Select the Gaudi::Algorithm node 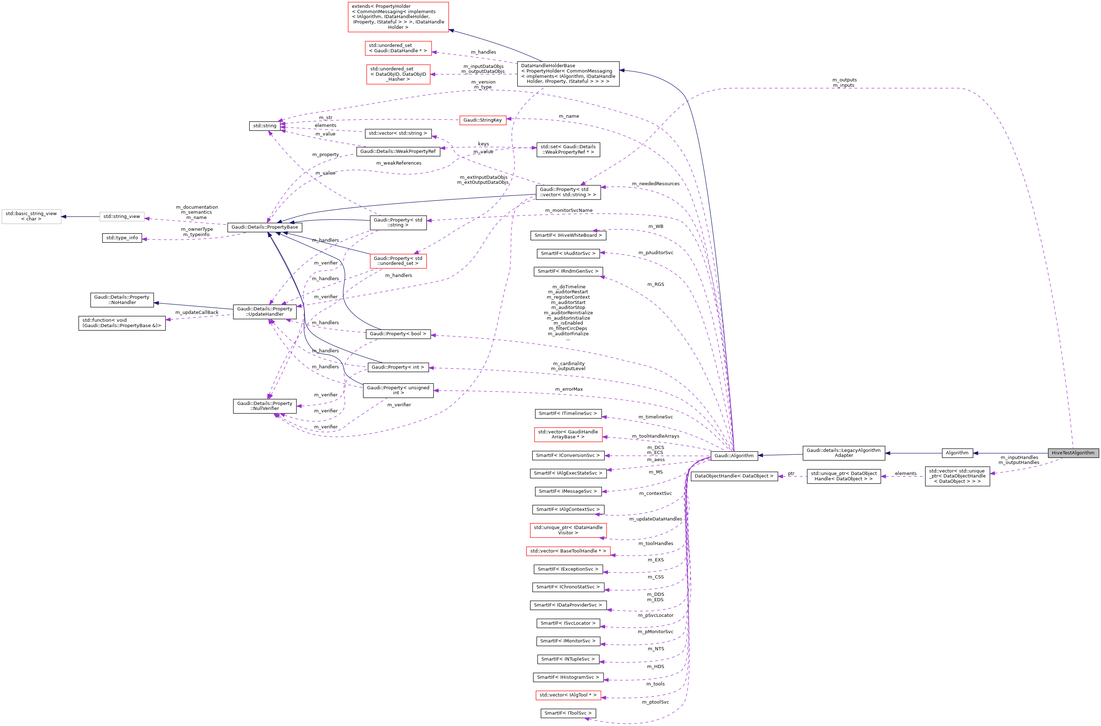pyautogui.click(x=734, y=455)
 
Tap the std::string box pyautogui.click(x=264, y=126)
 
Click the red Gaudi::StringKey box pyautogui.click(x=482, y=120)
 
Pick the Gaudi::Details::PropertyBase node pyautogui.click(x=264, y=227)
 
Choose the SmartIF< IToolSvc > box pyautogui.click(x=568, y=713)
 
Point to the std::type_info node pyautogui.click(x=122, y=238)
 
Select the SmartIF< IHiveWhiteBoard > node pyautogui.click(x=568, y=235)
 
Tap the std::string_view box pyautogui.click(x=121, y=216)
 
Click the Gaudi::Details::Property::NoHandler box pyautogui.click(x=122, y=300)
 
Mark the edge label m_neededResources pyautogui.click(x=655, y=184)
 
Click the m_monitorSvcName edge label pyautogui.click(x=568, y=210)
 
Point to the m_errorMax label pyautogui.click(x=569, y=389)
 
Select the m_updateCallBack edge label pyautogui.click(x=196, y=313)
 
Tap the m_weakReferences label pyautogui.click(x=398, y=163)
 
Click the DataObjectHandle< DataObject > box pyautogui.click(x=734, y=476)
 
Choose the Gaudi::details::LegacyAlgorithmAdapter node pyautogui.click(x=843, y=453)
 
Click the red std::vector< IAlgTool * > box pyautogui.click(x=568, y=695)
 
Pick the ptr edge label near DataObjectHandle pyautogui.click(x=791, y=474)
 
